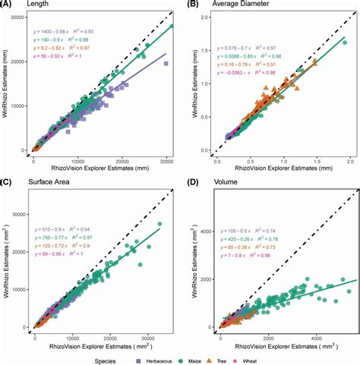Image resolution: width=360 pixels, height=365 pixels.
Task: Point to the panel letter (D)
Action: coord(194,184)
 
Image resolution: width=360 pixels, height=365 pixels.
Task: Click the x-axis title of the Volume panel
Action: coord(280,343)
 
